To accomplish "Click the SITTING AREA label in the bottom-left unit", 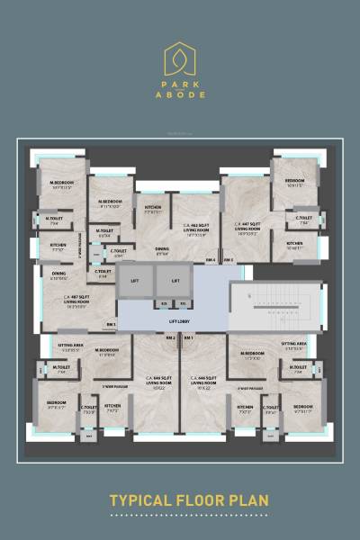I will tap(72, 345).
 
